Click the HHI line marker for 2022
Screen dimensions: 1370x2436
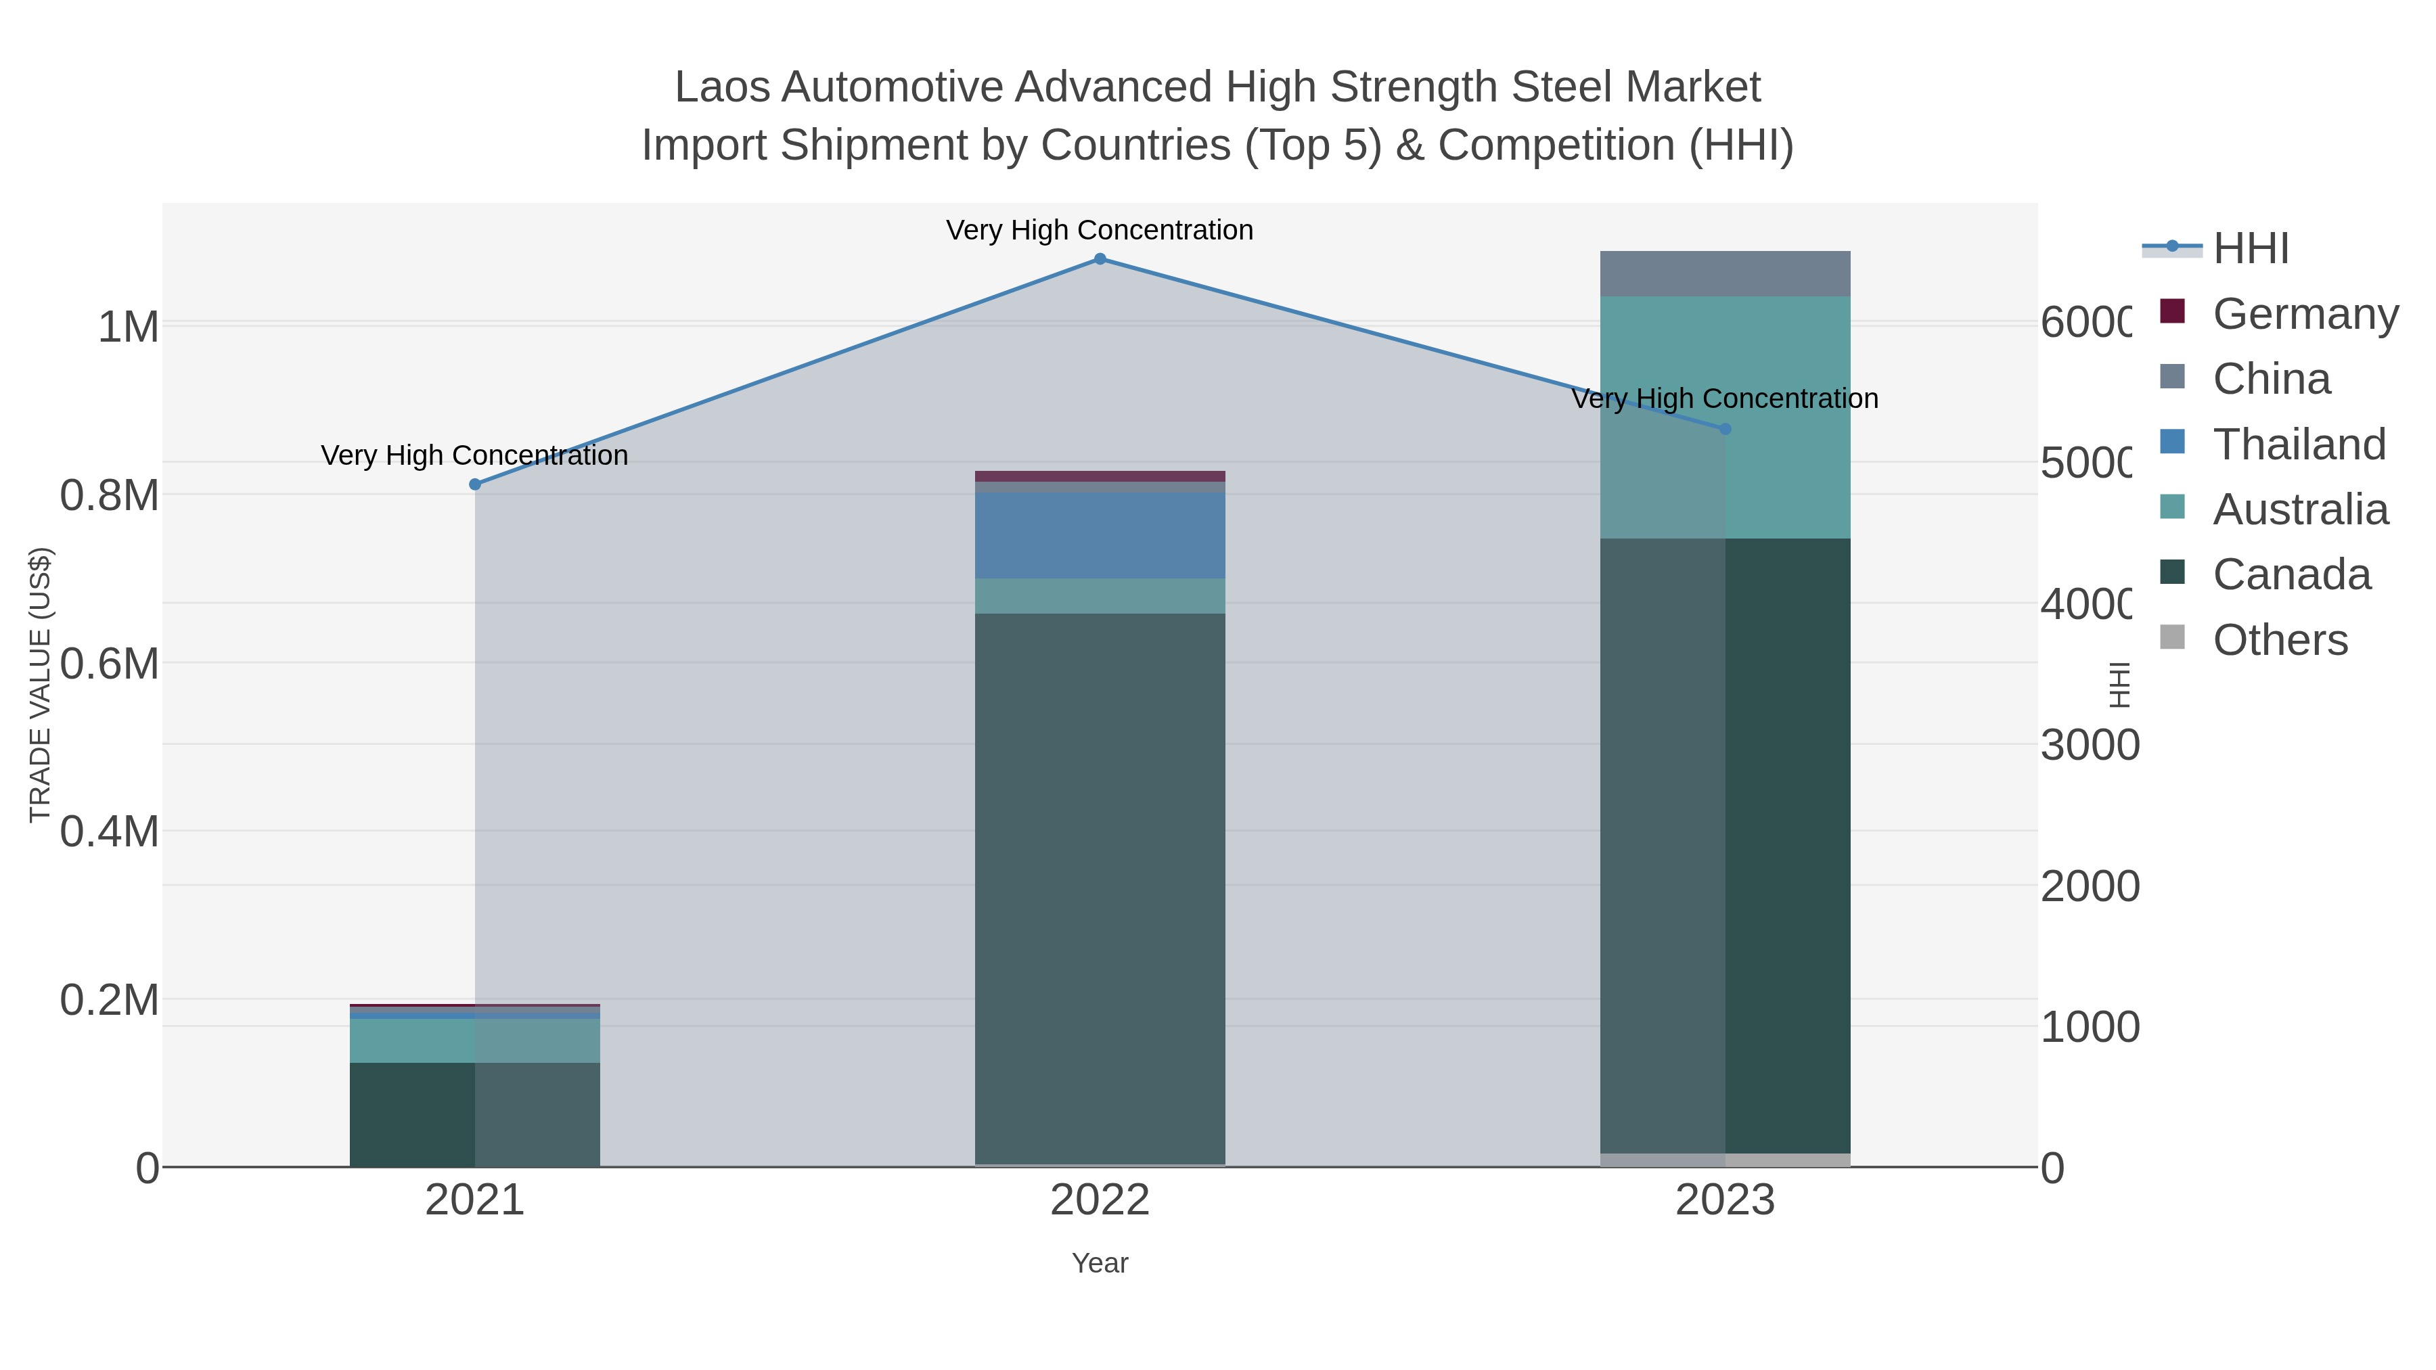click(x=1100, y=259)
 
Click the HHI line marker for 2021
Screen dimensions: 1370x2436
click(x=475, y=485)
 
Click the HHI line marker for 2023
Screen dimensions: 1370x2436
click(x=1725, y=429)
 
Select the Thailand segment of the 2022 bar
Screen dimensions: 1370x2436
click(x=1100, y=535)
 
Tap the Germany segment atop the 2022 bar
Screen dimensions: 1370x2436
click(x=1100, y=476)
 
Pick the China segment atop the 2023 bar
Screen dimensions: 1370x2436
click(x=1725, y=273)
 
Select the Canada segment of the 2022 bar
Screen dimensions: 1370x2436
click(x=1100, y=889)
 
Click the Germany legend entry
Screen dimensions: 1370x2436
click(x=2305, y=314)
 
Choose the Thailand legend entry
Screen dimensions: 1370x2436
click(x=2298, y=444)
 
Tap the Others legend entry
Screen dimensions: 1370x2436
click(x=2279, y=640)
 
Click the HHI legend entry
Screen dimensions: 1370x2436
click(x=2251, y=249)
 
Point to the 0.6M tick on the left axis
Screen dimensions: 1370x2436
click(x=110, y=664)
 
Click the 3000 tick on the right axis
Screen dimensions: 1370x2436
click(x=2088, y=746)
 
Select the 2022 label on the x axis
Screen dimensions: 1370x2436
click(x=1100, y=1201)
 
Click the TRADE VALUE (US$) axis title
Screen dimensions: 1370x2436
click(x=40, y=685)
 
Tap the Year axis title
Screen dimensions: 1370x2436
click(x=1100, y=1263)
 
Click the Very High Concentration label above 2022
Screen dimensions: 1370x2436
click(x=1100, y=230)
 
